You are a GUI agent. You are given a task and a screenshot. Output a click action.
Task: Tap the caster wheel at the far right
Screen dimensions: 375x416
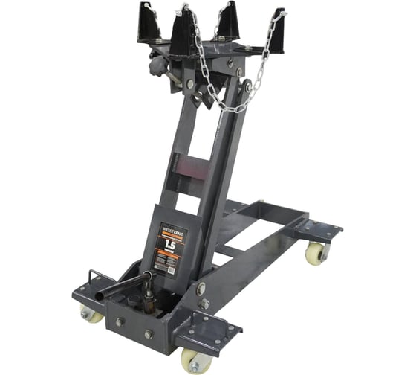point(316,253)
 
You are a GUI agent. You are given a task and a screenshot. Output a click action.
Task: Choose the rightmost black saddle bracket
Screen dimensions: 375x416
point(276,31)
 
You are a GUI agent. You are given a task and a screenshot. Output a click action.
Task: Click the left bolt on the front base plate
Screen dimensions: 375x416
point(119,322)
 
